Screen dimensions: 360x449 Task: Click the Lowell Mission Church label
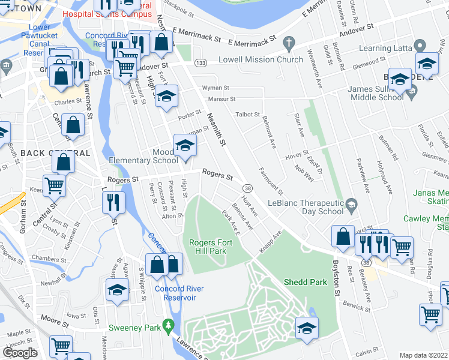[252, 60]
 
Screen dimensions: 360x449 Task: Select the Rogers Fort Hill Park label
[208, 247]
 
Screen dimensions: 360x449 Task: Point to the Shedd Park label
[304, 282]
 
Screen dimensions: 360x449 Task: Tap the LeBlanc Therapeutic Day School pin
[352, 206]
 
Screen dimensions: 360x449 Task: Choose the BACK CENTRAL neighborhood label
[55, 153]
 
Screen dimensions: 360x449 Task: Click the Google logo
[20, 353]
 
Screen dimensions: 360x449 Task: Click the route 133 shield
[200, 64]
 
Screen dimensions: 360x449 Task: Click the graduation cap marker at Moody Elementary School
[185, 145]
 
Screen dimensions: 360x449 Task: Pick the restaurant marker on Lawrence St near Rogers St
[113, 202]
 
